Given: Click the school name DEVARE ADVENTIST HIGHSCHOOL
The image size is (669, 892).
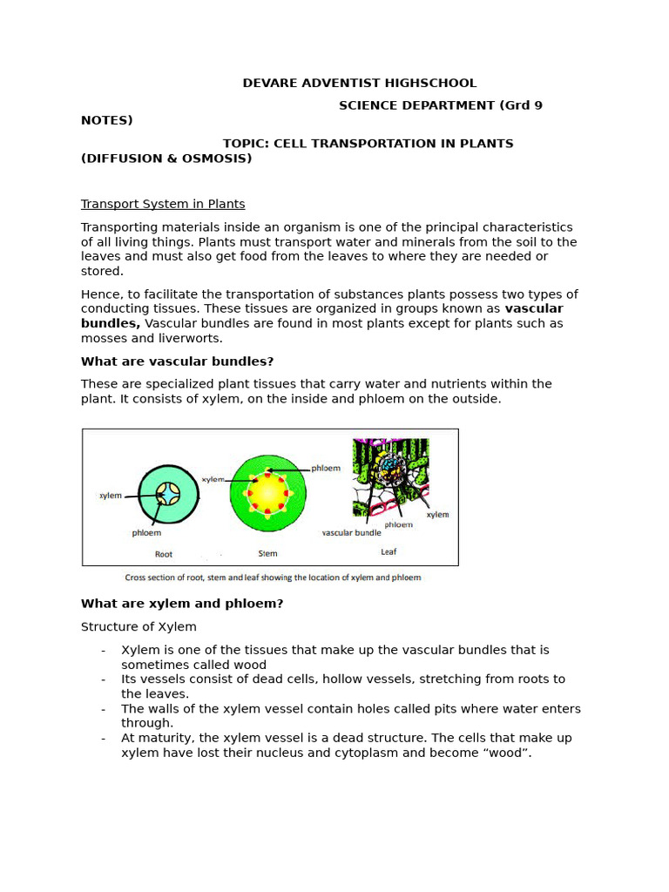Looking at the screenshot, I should point(359,84).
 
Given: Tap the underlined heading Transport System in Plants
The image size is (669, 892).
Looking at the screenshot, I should point(163,204).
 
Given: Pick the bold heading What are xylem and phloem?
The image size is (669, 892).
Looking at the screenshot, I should point(182,604).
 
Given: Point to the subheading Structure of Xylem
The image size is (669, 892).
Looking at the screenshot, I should point(139,627).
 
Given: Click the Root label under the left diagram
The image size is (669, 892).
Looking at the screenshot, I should point(164,553).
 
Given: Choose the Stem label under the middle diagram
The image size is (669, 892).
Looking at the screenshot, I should point(267,553).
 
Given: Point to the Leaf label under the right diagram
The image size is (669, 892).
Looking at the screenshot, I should point(389,552).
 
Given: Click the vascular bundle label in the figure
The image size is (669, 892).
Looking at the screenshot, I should point(351,533).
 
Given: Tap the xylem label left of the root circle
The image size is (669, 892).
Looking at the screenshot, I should point(111,496).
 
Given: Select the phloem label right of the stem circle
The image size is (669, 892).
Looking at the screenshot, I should point(326,468).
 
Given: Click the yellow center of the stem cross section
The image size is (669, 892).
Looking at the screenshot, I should point(268,494).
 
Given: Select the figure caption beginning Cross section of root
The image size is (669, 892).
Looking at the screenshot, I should point(273,578).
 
